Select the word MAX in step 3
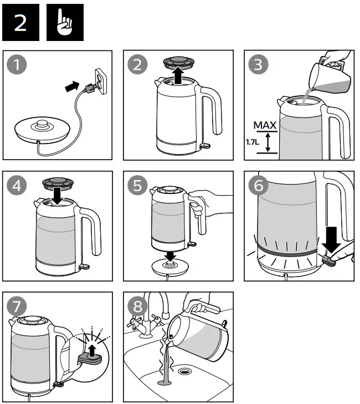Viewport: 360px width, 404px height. point(265,126)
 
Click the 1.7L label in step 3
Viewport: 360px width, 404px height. point(253,142)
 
